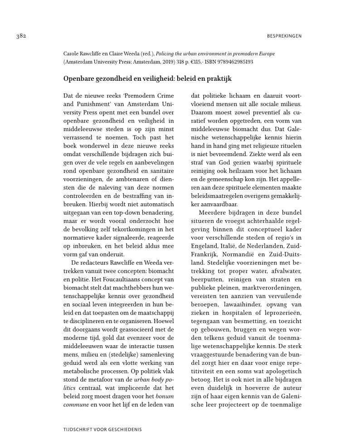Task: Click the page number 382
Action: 20,36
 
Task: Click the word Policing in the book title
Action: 166,54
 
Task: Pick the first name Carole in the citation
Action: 72,54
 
